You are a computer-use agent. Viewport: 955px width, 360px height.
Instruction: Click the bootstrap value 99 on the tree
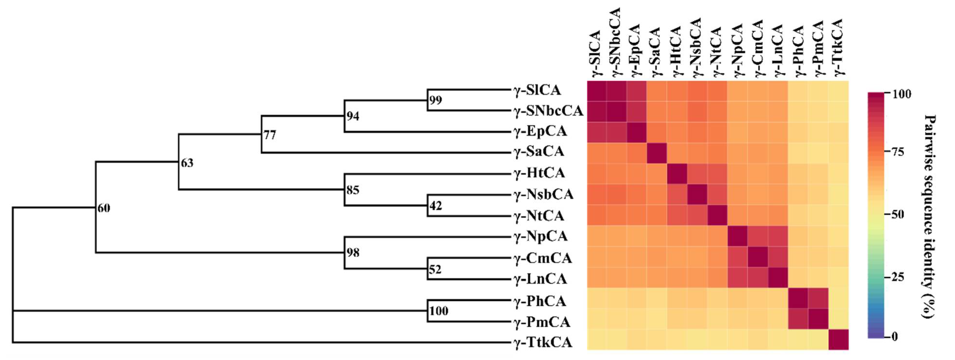(x=436, y=100)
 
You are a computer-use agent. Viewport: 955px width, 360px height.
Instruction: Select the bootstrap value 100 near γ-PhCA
(x=439, y=310)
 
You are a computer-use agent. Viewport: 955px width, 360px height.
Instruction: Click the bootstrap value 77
(x=270, y=135)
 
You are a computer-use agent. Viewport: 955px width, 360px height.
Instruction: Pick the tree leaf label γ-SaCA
(x=539, y=151)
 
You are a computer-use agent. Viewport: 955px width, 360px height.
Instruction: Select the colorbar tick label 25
(x=898, y=277)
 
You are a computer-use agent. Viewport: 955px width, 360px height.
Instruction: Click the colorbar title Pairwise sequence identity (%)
(x=930, y=216)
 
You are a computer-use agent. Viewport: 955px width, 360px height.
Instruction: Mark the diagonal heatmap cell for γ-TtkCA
(x=838, y=339)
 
